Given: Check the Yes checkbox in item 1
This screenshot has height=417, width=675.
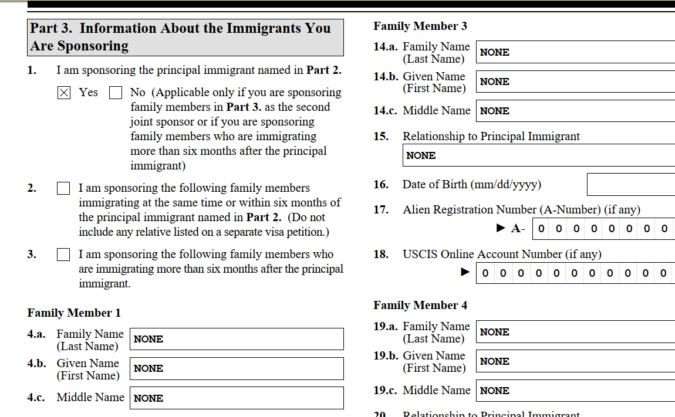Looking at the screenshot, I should [64, 93].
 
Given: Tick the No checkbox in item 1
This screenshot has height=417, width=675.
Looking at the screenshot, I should [116, 93].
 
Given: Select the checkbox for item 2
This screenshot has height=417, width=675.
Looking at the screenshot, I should [63, 188].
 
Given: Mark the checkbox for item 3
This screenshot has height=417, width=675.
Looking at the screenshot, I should [63, 255].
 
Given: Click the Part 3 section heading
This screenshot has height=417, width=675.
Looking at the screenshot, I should [185, 37].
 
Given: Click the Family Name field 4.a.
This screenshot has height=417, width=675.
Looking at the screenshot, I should [237, 339].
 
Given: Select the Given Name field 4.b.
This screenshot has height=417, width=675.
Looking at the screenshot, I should [237, 368].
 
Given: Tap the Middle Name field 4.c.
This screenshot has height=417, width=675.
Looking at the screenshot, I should [237, 398].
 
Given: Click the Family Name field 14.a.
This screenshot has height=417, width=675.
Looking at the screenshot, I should [575, 52].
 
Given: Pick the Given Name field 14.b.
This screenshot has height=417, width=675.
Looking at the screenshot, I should [575, 82].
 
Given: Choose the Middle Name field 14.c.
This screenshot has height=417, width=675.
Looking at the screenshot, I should [575, 111].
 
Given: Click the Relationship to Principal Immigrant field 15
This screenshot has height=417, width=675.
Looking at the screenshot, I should [539, 155].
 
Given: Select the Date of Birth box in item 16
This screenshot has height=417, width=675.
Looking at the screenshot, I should [631, 185].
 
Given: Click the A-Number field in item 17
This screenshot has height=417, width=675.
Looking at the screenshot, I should [603, 229].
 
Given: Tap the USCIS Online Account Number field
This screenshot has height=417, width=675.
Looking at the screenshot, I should [575, 273].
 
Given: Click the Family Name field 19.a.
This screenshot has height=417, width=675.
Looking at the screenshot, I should [575, 332].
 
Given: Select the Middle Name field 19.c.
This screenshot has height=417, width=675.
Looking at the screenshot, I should [575, 391].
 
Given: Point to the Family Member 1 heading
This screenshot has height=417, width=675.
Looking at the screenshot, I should [74, 313].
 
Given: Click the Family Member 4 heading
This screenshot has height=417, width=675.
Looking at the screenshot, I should [420, 305].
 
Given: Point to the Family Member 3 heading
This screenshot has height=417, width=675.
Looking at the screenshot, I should [420, 26].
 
